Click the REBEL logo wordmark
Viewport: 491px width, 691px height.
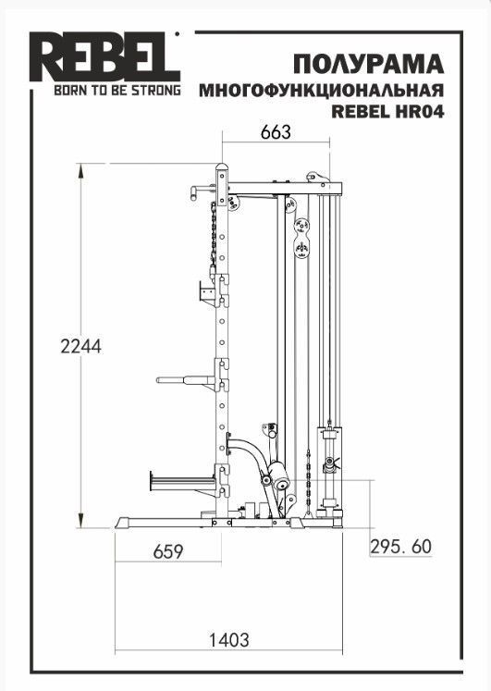[x=104, y=56]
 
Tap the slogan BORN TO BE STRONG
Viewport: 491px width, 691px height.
[x=117, y=90]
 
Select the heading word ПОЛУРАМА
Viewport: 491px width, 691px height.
[x=369, y=64]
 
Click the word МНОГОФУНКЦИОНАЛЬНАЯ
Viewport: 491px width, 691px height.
[x=322, y=90]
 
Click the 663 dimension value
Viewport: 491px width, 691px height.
[x=276, y=131]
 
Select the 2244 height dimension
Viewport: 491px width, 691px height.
[x=81, y=346]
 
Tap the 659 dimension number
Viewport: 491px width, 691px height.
[x=167, y=551]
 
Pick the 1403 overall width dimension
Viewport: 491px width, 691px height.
[x=228, y=640]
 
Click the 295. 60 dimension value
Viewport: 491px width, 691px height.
[x=400, y=547]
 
